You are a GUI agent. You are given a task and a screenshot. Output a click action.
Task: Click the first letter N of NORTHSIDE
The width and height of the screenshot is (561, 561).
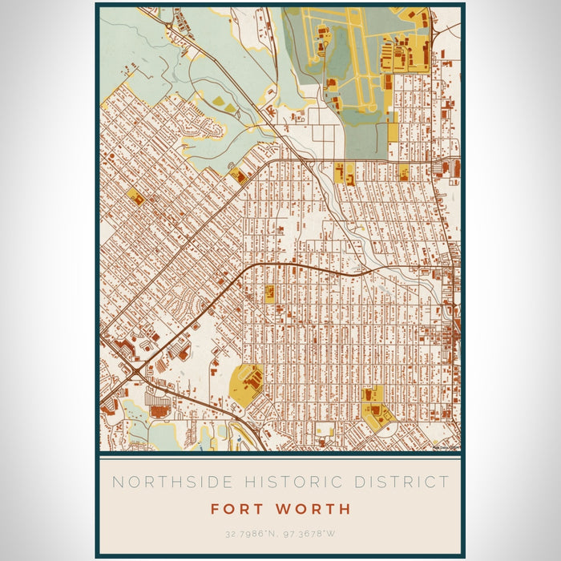click(x=117, y=482)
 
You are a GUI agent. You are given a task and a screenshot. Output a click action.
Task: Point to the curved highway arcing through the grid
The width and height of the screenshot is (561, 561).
click(x=305, y=268)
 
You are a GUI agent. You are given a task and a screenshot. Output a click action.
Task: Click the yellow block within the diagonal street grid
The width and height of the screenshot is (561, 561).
click(x=134, y=196)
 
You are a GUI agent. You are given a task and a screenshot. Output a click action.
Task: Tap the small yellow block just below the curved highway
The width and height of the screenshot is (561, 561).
click(x=269, y=293)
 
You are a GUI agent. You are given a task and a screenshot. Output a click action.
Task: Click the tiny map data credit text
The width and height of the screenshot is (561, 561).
click(x=445, y=448)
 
